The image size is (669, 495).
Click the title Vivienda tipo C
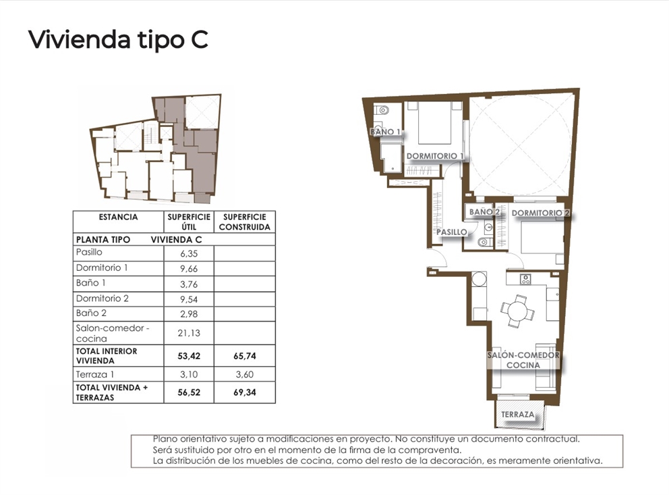click(x=118, y=39)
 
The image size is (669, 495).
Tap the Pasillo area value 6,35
click(x=189, y=253)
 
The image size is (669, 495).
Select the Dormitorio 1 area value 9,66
click(x=189, y=269)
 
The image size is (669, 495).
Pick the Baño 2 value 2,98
click(x=189, y=314)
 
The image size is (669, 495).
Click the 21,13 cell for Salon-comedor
click(x=189, y=332)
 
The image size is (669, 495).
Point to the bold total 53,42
click(x=189, y=355)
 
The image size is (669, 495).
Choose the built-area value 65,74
click(x=244, y=355)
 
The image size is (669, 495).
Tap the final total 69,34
click(x=244, y=392)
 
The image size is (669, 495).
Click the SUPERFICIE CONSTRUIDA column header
click(x=244, y=222)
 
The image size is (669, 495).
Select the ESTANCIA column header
click(x=118, y=217)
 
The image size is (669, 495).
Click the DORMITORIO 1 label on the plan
click(x=436, y=156)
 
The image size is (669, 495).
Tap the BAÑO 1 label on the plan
click(x=385, y=132)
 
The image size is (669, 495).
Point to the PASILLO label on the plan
click(x=451, y=232)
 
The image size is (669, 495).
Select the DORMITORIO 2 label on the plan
click(x=541, y=213)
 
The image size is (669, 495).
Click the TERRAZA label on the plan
click(x=518, y=414)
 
